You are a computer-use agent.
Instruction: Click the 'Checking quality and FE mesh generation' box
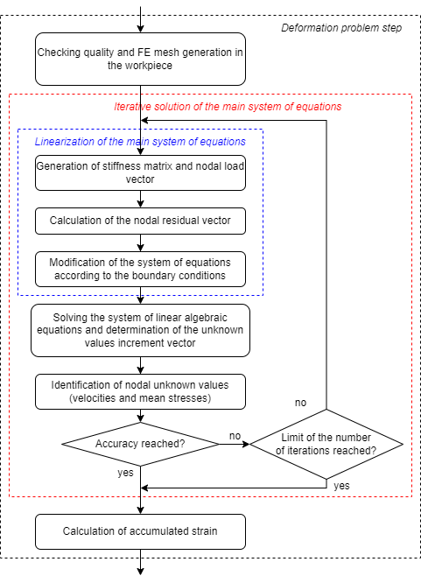coord(140,59)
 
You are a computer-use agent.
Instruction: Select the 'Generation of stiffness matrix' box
coord(140,172)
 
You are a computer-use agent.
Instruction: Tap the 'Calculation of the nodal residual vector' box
coord(140,221)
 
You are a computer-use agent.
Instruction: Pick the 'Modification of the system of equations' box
coord(140,269)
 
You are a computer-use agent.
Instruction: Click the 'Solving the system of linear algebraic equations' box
coord(140,331)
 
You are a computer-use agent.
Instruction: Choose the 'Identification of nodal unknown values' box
coord(140,391)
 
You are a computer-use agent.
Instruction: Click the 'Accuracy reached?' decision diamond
coord(140,445)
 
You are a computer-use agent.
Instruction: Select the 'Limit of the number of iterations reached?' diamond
coord(326,445)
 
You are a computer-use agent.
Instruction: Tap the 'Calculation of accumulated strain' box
coord(140,531)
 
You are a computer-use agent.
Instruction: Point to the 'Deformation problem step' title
coord(340,28)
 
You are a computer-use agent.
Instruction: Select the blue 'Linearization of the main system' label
coord(140,141)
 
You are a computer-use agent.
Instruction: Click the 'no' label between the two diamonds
coord(235,435)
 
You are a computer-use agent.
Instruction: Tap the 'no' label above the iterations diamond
coord(300,403)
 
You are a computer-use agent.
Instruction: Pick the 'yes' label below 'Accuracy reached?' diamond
coord(126,472)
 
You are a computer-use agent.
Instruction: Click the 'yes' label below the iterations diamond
coord(341,484)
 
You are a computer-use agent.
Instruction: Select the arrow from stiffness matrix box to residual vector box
coord(140,199)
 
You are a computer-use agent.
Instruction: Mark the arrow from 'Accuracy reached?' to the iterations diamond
coord(234,445)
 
